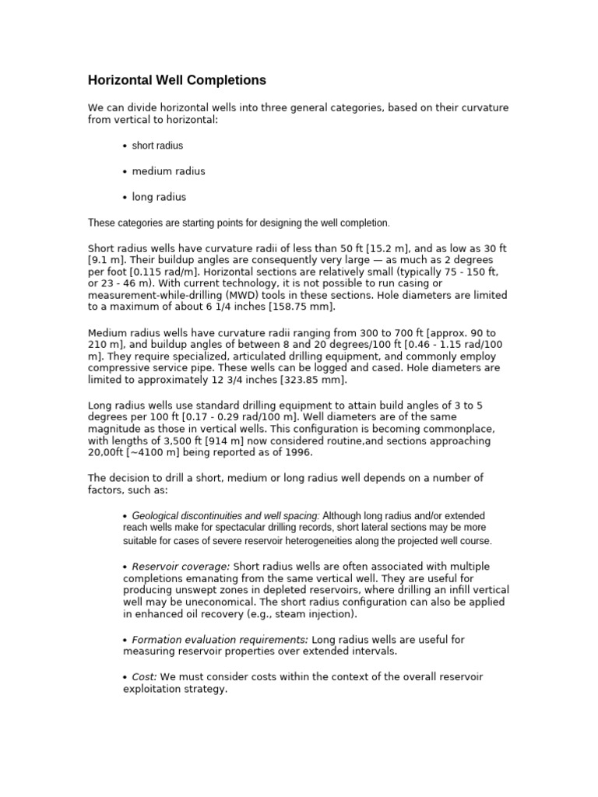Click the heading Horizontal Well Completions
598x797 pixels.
pyautogui.click(x=177, y=80)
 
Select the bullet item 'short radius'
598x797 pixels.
pyautogui.click(x=157, y=146)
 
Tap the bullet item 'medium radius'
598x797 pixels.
pyautogui.click(x=168, y=171)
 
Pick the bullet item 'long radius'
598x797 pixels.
pyautogui.click(x=159, y=197)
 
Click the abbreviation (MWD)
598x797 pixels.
pyautogui.click(x=260, y=296)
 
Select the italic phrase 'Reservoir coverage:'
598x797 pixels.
pyautogui.click(x=181, y=566)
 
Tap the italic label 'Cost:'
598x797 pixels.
pyautogui.click(x=144, y=676)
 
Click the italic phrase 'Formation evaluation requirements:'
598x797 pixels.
pyautogui.click(x=220, y=639)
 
